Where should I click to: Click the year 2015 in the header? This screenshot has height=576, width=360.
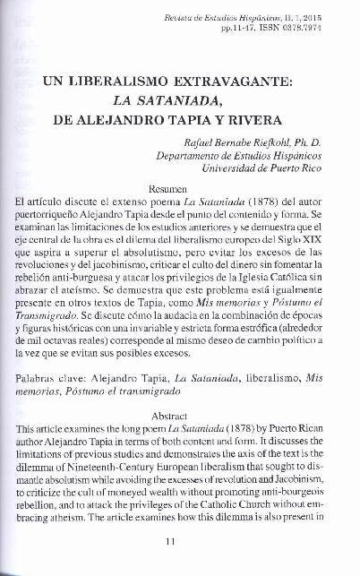click(x=330, y=17)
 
